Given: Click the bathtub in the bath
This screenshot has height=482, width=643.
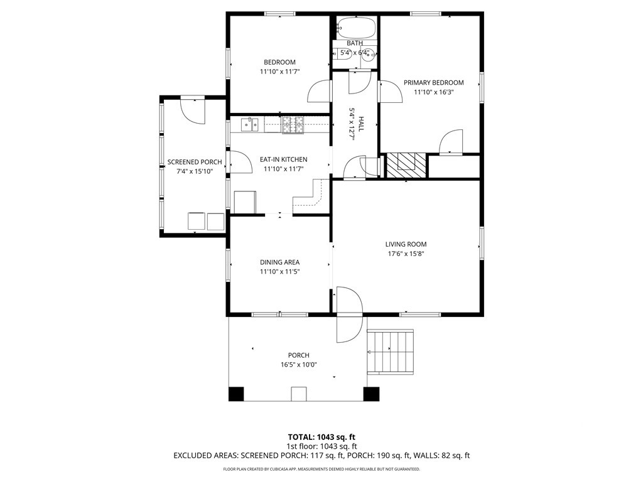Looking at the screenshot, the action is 356,27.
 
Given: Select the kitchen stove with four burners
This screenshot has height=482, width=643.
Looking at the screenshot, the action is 293,125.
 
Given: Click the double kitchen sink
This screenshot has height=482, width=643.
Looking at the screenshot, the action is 249,125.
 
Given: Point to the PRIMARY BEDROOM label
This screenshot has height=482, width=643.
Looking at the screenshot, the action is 433,82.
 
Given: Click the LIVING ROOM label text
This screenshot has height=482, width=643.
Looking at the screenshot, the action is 406,244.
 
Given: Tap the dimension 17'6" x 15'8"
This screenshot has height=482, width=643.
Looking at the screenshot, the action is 406,254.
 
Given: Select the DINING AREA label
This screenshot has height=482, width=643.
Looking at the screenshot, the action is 279,262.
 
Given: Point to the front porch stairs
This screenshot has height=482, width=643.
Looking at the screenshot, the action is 390,351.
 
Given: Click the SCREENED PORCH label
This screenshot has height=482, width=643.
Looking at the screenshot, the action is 195,163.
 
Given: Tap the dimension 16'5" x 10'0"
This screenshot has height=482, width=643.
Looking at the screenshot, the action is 298,365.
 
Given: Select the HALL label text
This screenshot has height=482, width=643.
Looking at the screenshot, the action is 361,124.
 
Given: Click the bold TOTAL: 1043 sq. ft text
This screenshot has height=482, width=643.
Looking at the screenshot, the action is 321,437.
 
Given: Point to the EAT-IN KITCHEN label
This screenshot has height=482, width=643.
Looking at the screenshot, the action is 283,159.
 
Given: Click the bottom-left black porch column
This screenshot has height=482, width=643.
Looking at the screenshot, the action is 236,394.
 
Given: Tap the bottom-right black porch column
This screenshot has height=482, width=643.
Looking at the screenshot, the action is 371,394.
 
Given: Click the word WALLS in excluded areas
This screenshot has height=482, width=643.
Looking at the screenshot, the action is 425,456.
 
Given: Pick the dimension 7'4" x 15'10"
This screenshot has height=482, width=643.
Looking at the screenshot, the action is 195,172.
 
